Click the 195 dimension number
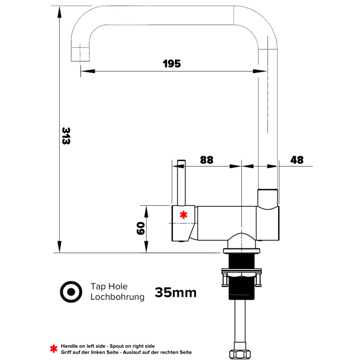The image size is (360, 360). pyautogui.click(x=172, y=64)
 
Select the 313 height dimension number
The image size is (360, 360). pyautogui.click(x=66, y=136)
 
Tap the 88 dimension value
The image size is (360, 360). pyautogui.click(x=207, y=160)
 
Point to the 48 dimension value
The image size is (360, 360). pyautogui.click(x=297, y=160)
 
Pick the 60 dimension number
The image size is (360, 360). pyautogui.click(x=140, y=228)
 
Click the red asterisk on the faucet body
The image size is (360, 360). pyautogui.click(x=184, y=215)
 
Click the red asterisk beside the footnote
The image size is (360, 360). pyautogui.click(x=53, y=349)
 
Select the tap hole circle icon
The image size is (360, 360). pyautogui.click(x=71, y=292)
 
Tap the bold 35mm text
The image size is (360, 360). pyautogui.click(x=176, y=293)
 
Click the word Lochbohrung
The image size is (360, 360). pyautogui.click(x=117, y=297)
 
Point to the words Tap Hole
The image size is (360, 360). pyautogui.click(x=109, y=286)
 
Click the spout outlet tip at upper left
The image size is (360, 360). pyautogui.click(x=80, y=55)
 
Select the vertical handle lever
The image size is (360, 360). pyautogui.click(x=182, y=183)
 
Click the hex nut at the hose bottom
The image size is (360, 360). pyautogui.click(x=240, y=354)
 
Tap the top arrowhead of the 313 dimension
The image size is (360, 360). pyautogui.click(x=60, y=12)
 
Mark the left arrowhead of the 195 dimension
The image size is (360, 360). pyautogui.click(x=88, y=71)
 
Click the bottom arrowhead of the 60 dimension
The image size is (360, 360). pyautogui.click(x=146, y=247)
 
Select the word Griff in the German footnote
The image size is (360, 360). pyautogui.click(x=66, y=352)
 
